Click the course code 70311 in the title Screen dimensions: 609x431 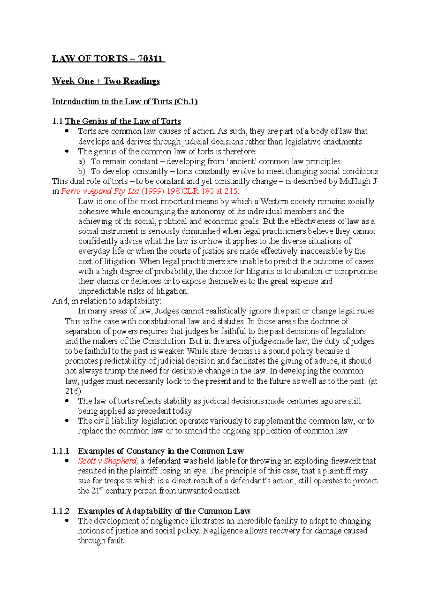[150, 58]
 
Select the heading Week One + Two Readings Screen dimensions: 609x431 [106, 81]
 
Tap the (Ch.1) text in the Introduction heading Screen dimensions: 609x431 [186, 101]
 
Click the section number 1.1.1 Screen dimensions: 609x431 [60, 451]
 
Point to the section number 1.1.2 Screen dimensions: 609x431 [60, 511]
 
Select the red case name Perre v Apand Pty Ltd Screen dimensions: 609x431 [100, 191]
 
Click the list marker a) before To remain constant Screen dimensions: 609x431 [82, 161]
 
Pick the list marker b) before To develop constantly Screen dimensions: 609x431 [82, 171]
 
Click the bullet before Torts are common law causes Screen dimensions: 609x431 [67, 131]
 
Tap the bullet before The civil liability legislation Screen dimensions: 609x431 [67, 421]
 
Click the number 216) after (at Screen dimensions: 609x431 [73, 391]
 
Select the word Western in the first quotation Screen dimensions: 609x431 [275, 202]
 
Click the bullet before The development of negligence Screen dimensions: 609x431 [67, 521]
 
